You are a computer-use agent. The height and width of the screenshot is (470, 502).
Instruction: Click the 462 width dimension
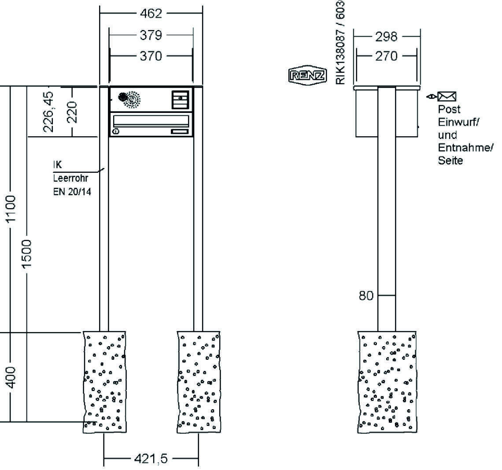pos(151,13)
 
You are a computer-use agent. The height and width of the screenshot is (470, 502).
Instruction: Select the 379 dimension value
pos(151,35)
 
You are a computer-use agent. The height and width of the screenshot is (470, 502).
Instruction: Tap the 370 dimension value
pos(151,56)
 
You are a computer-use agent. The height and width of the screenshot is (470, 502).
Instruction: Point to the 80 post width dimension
pos(365,295)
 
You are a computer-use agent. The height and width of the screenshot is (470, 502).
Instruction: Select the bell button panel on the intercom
pos(180,99)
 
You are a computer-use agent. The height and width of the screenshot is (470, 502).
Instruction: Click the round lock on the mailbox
pos(115,131)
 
